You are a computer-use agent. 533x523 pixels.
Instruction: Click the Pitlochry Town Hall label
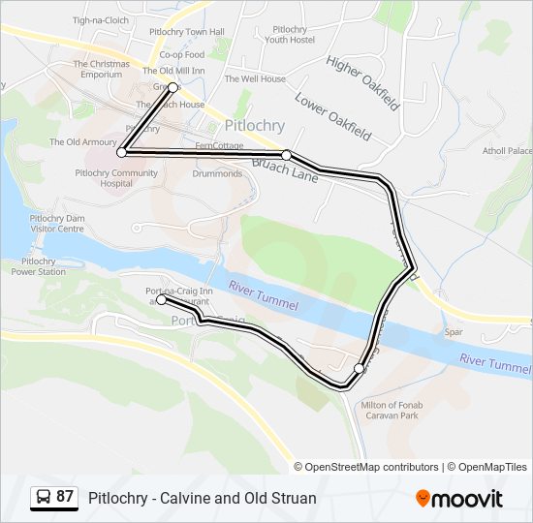[x=187, y=32]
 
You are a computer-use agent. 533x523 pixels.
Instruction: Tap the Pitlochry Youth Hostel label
[x=291, y=35]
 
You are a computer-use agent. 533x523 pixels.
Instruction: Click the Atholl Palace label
[x=508, y=151]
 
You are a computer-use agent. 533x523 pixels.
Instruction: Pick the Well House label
[x=255, y=78]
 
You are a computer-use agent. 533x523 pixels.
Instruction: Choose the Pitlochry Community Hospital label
[x=116, y=178]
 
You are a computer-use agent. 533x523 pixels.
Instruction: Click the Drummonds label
[x=217, y=174]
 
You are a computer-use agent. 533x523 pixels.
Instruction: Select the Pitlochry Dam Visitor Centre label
[x=57, y=224]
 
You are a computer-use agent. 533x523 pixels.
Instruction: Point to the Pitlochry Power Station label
[x=39, y=266]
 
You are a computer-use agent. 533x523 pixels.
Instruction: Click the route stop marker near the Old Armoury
[x=121, y=152]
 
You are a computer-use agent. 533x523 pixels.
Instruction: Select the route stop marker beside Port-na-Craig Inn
[x=161, y=299]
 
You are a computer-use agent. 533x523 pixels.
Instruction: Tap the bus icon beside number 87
[x=44, y=498]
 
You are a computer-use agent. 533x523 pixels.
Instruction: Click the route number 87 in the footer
[x=65, y=497]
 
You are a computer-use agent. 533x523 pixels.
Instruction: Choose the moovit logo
[x=459, y=499]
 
